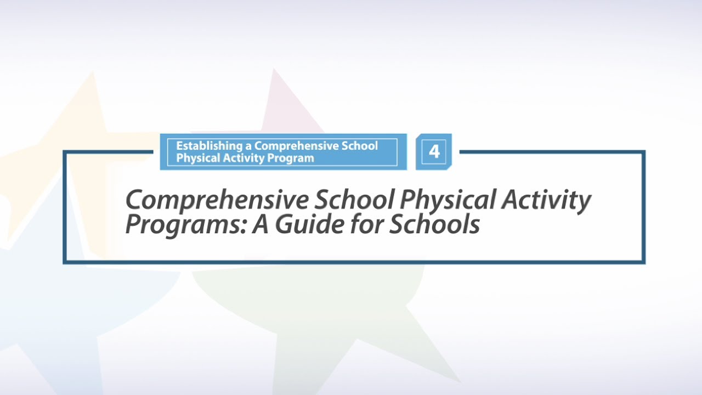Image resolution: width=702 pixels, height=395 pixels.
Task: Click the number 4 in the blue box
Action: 434,151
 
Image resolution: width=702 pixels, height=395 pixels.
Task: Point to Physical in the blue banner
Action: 196,158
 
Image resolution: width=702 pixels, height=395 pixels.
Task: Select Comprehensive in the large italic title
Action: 217,201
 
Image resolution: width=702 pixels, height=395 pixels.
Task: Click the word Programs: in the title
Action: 186,225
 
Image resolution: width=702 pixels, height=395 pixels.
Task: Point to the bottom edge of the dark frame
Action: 354,262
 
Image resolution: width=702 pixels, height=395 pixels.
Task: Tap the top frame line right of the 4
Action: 548,152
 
